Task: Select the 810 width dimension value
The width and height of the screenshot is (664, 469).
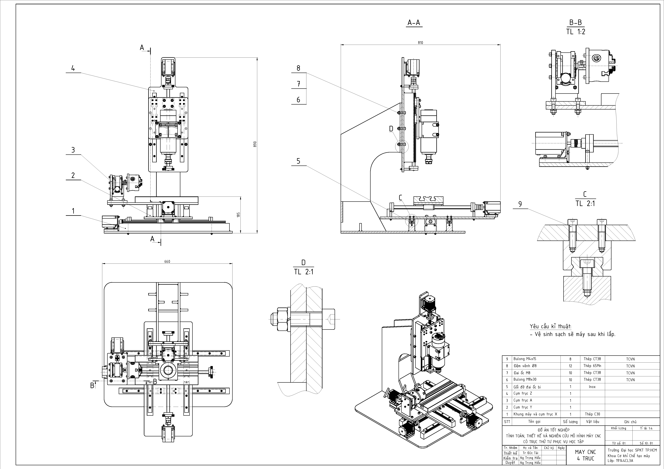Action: [x=420, y=43]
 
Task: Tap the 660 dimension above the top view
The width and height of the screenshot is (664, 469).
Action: [x=167, y=261]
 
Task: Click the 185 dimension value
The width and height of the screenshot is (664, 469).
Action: [x=238, y=215]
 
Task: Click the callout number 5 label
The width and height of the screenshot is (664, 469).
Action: [x=299, y=161]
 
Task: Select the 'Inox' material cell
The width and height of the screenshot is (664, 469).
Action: [x=592, y=387]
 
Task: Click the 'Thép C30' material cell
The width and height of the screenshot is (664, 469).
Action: [x=592, y=414]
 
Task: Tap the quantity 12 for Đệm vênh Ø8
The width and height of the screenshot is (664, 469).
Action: [x=570, y=366]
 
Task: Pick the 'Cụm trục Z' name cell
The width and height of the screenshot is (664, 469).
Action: [x=523, y=393]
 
